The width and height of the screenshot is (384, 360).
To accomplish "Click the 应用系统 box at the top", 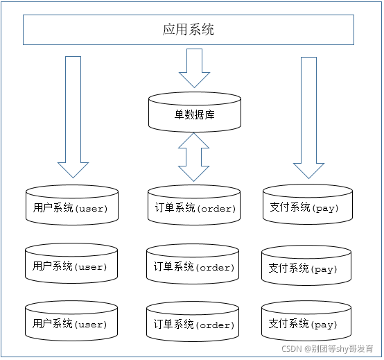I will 189,30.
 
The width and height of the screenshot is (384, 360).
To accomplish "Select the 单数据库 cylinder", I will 194,114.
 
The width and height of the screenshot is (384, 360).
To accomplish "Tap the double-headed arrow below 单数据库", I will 194,158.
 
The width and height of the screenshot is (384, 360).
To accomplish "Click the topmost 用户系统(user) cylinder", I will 71,207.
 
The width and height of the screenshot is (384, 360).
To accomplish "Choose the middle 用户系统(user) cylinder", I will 71,266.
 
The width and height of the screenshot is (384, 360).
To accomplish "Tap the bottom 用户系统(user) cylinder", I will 71,323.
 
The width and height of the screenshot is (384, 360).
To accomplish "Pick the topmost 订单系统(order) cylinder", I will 194,207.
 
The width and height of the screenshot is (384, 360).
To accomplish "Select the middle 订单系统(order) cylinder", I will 194,266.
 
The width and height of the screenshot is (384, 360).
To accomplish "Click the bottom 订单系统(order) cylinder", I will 194,324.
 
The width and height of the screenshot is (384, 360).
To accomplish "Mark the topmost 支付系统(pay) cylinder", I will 307,207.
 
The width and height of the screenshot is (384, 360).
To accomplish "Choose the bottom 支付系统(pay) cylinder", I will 307,323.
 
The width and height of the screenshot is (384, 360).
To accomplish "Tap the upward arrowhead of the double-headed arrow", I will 194,141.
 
